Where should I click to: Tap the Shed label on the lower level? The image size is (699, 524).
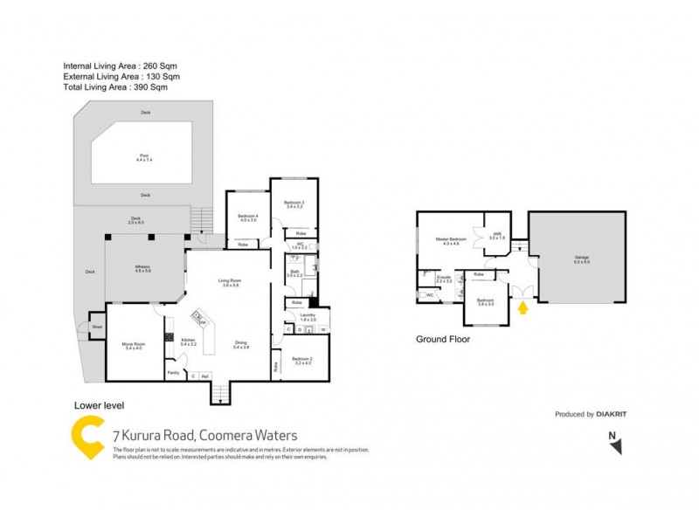coord(97,327)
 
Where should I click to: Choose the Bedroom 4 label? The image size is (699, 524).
coord(248,217)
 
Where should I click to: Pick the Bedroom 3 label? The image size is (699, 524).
coord(294,205)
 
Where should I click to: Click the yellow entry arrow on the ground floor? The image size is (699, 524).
coord(523,307)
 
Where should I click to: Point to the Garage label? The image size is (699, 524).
coord(582,259)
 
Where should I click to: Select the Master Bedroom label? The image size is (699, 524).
coord(450,241)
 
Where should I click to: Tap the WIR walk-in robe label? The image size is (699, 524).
coord(496,236)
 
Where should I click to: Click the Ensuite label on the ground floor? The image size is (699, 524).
coord(444,279)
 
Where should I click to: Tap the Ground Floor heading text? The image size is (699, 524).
coord(443,339)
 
